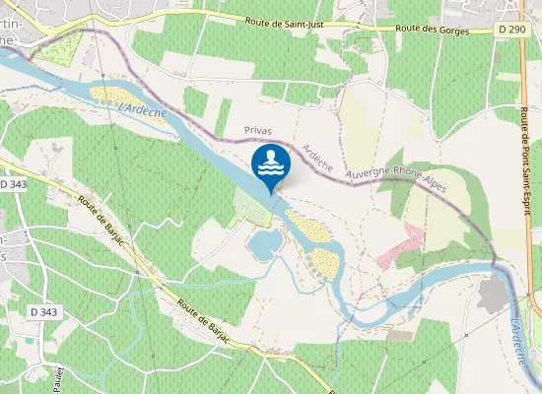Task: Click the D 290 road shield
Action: coord(511,30)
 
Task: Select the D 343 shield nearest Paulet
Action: coord(44,312)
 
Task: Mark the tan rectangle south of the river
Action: coord(399,335)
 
